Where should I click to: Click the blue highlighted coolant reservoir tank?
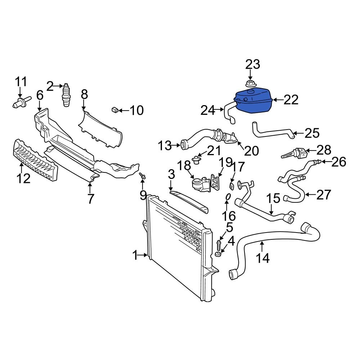[x=253, y=102]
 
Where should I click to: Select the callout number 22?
[x=291, y=100]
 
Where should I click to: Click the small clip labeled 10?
[x=115, y=109]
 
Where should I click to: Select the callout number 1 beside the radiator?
[x=135, y=256]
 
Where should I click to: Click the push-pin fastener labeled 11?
[x=19, y=103]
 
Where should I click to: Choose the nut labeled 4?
[x=218, y=255]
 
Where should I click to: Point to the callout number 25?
[x=312, y=133]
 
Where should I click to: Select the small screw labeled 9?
[x=143, y=176]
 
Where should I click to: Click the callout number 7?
[x=90, y=198]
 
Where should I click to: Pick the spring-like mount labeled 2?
[x=66, y=95]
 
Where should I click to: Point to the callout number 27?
[x=323, y=195]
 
